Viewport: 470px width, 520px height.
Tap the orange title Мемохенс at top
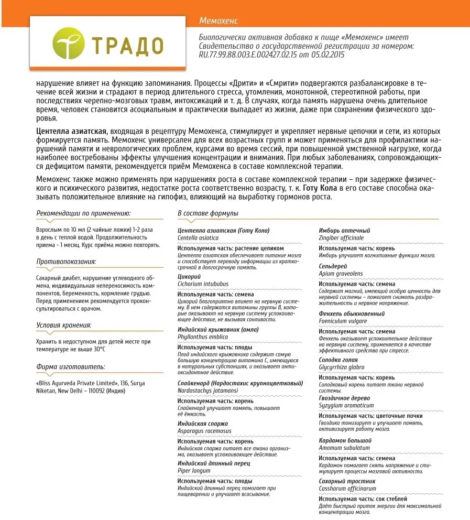pyautogui.click(x=218, y=20)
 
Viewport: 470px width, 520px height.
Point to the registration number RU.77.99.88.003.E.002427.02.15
pyautogui.click(x=253, y=55)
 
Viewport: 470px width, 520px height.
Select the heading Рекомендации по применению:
pyautogui.click(x=83, y=213)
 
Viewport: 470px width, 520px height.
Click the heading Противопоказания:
pyautogui.click(x=67, y=262)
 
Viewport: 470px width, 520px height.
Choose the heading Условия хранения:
pyautogui.click(x=64, y=326)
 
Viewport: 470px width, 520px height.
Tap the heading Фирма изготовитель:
pyautogui.click(x=71, y=367)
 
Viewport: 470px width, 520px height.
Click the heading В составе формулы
pyautogui.click(x=208, y=213)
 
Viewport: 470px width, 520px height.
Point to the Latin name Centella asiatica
pyautogui.click(x=198, y=237)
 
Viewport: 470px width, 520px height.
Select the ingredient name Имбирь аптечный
pyautogui.click(x=344, y=231)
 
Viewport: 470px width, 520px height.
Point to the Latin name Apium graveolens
pyautogui.click(x=341, y=274)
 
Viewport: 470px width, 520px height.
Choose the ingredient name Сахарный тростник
pyautogui.click(x=347, y=481)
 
